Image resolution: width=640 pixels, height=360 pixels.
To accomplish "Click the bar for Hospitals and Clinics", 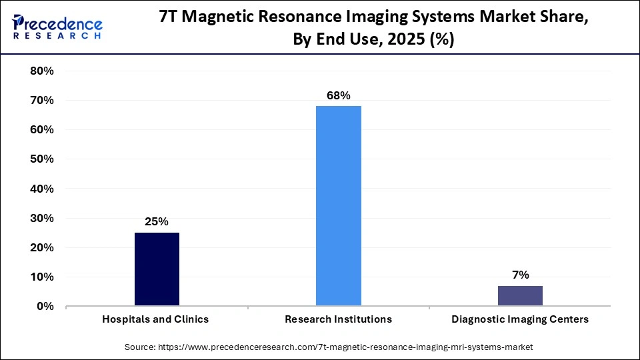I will click(x=157, y=269).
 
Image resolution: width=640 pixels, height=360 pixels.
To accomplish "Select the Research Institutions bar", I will click(x=338, y=206).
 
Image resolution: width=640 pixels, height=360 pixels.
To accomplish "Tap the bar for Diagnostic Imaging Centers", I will click(x=520, y=296).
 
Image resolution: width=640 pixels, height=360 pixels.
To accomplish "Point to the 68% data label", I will click(x=338, y=95).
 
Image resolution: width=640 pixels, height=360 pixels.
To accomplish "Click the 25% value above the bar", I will click(x=157, y=221).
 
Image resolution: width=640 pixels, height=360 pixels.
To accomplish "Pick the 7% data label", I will click(x=520, y=275).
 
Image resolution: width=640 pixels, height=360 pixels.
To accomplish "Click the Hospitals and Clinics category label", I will click(x=155, y=319).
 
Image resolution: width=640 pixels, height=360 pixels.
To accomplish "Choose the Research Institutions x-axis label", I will click(x=338, y=319).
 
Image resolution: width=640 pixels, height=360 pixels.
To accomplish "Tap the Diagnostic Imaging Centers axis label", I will click(x=520, y=319).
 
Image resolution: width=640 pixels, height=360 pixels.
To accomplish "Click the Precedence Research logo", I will click(x=57, y=27).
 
